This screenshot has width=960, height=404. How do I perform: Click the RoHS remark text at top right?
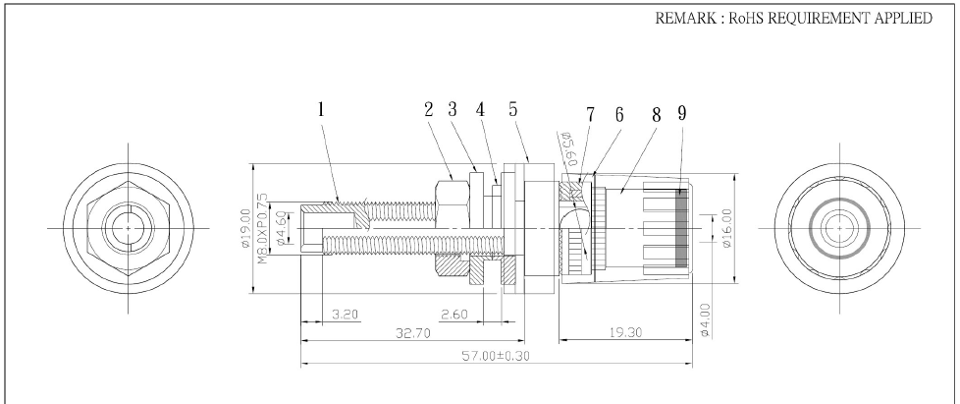[793, 21]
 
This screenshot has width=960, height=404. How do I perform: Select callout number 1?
[321, 111]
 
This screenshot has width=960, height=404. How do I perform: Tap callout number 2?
[429, 111]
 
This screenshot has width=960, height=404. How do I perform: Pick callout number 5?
[513, 111]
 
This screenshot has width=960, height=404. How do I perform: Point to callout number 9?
[680, 111]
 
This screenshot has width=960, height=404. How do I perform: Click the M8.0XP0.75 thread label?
[263, 226]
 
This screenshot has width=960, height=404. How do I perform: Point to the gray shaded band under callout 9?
[681, 227]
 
